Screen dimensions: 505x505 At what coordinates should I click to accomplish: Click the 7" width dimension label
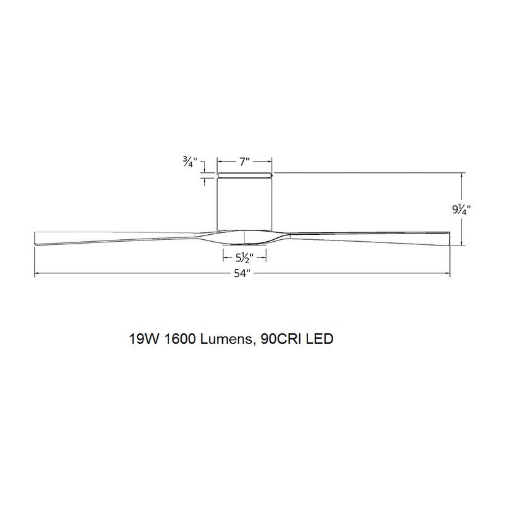pos(244,162)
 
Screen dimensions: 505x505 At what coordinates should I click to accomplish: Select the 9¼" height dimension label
pos(461,208)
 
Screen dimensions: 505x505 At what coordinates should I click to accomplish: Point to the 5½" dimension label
pos(244,258)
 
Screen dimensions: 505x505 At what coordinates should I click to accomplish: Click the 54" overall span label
pos(244,274)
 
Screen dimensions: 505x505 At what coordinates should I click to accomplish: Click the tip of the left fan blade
pos(36,239)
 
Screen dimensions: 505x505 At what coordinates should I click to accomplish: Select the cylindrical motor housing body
pos(244,202)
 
